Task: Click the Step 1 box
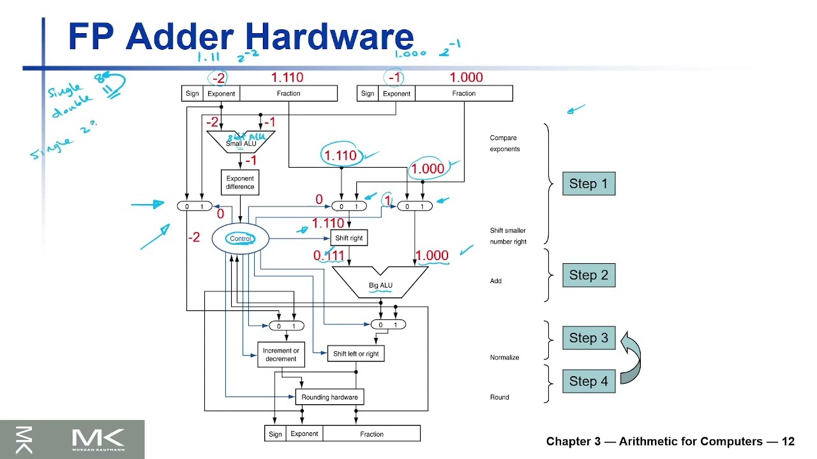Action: [x=588, y=184]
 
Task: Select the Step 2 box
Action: [x=588, y=275]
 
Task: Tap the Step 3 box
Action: [x=588, y=338]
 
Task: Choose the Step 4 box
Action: [x=588, y=381]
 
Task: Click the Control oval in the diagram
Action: [x=241, y=238]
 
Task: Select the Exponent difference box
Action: [x=240, y=183]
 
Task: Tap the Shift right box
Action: [x=349, y=238]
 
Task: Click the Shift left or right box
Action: [x=356, y=354]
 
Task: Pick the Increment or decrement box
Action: [x=281, y=354]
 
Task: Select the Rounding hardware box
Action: [x=329, y=397]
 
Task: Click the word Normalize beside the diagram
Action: [x=504, y=358]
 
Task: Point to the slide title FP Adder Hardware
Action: [x=241, y=36]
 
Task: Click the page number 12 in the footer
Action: [x=788, y=442]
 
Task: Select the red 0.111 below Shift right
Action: [x=329, y=256]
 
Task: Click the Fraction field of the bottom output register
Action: [x=371, y=434]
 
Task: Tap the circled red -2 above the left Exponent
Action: [x=219, y=78]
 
